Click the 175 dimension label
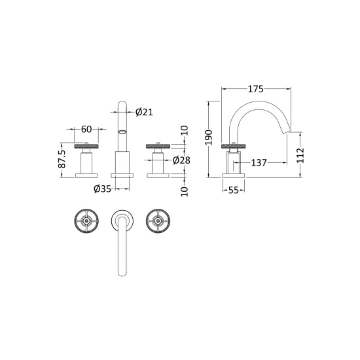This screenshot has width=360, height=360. pyautogui.click(x=255, y=89)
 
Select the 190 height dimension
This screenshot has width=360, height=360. pyautogui.click(x=209, y=137)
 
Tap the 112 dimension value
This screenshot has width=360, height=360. pyautogui.click(x=300, y=155)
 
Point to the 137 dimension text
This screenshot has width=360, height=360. pyautogui.click(x=259, y=163)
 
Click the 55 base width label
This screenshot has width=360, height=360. pyautogui.click(x=234, y=190)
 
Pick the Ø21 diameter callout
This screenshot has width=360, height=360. pyautogui.click(x=144, y=112)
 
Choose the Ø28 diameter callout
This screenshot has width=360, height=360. pyautogui.click(x=181, y=160)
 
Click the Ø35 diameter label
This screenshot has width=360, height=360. pyautogui.click(x=102, y=189)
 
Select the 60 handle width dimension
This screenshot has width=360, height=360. pyautogui.click(x=86, y=129)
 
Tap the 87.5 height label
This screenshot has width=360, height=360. pyautogui.click(x=62, y=159)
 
